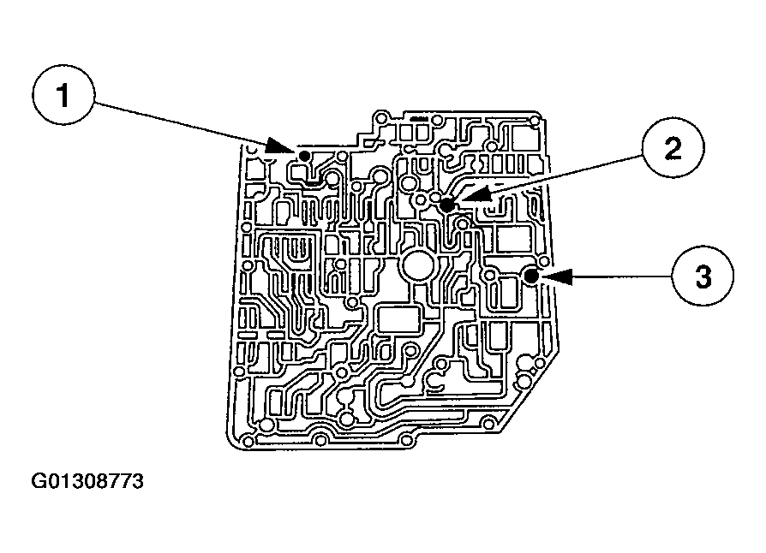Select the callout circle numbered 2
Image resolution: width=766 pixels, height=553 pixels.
pyautogui.click(x=673, y=149)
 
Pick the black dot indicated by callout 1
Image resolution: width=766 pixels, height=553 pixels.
pyautogui.click(x=303, y=155)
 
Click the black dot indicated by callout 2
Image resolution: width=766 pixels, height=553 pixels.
pyautogui.click(x=447, y=205)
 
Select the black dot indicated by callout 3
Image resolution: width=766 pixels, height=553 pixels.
pyautogui.click(x=531, y=276)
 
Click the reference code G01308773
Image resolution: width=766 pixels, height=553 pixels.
pyautogui.click(x=88, y=482)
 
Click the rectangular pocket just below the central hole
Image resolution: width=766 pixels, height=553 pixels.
pyautogui.click(x=400, y=322)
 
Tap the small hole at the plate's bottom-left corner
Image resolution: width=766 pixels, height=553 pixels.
pyautogui.click(x=249, y=441)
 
